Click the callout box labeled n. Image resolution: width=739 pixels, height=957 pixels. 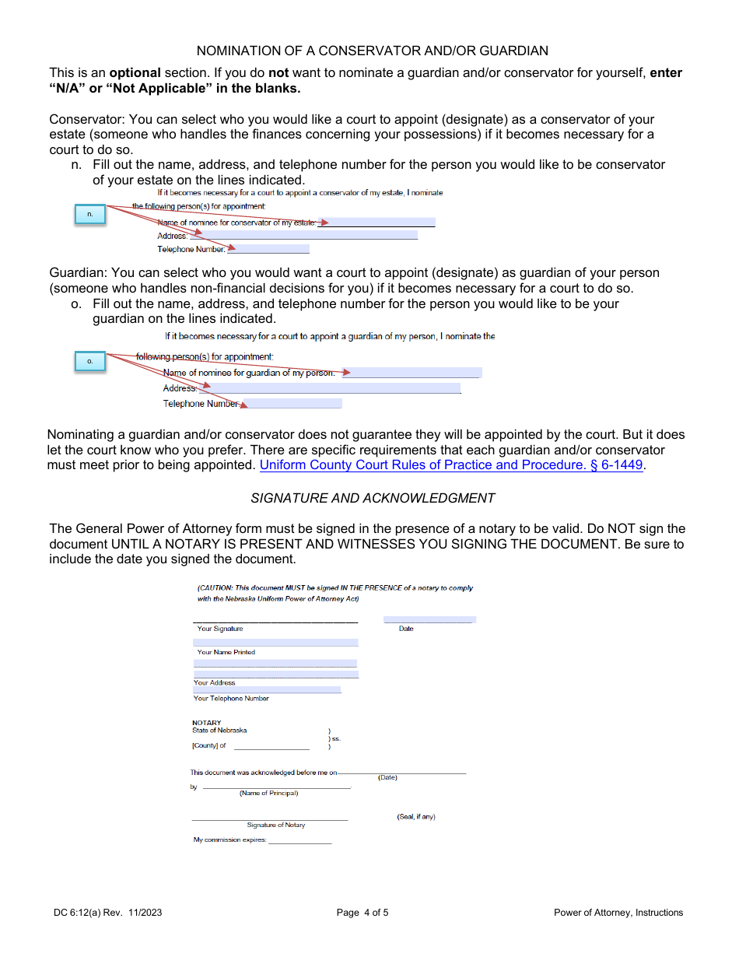pyautogui.click(x=90, y=215)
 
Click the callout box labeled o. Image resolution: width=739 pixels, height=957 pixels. pyautogui.click(x=90, y=361)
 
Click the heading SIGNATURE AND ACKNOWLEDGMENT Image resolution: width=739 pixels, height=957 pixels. pyautogui.click(x=373, y=498)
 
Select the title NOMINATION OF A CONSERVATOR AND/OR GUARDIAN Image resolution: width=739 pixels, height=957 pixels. pyautogui.click(x=372, y=51)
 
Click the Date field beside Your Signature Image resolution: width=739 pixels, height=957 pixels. pyautogui.click(x=429, y=620)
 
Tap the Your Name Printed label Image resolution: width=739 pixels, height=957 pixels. pyautogui.click(x=226, y=652)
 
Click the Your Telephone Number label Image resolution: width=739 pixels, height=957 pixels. pyautogui.click(x=231, y=699)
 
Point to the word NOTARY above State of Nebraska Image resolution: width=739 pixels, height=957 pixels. pyautogui.click(x=207, y=723)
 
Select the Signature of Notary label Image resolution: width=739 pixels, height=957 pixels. pyautogui.click(x=276, y=825)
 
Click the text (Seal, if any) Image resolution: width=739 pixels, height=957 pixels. pyautogui.click(x=416, y=817)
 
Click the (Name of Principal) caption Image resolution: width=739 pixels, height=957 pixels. pyautogui.click(x=268, y=793)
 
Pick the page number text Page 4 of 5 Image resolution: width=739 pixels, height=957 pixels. pyautogui.click(x=362, y=913)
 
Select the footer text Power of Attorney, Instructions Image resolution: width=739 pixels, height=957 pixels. pyautogui.click(x=618, y=913)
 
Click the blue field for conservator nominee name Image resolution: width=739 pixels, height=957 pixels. pyautogui.click(x=377, y=223)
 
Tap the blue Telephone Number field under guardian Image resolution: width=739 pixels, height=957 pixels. pyautogui.click(x=293, y=404)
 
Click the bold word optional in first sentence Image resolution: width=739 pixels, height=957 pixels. pyautogui.click(x=135, y=73)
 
